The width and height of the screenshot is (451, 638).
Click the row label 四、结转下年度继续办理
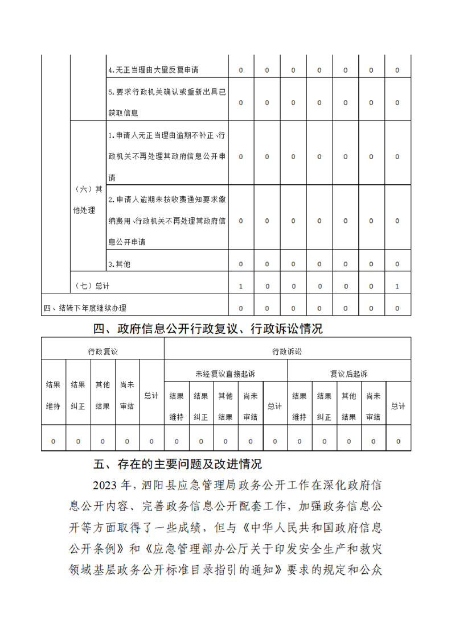tap(85, 308)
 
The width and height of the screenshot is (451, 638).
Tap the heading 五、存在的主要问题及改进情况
tap(177, 464)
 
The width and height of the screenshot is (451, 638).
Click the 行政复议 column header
tap(102, 351)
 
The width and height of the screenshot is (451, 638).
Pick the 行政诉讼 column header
tap(287, 351)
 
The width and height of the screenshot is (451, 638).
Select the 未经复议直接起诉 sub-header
tap(225, 374)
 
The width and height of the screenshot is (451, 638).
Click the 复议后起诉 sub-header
tap(348, 374)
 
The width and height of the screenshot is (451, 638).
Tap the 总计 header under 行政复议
tap(151, 395)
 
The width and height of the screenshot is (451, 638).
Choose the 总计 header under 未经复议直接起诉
tap(275, 406)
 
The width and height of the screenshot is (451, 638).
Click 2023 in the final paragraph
tap(106, 485)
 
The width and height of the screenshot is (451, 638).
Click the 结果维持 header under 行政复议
tap(53, 395)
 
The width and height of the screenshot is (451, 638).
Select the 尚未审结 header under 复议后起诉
tap(373, 406)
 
